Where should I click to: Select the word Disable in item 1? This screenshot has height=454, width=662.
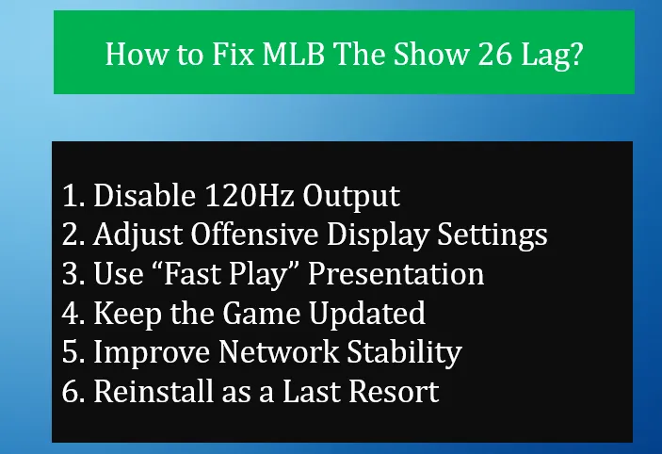point(146,196)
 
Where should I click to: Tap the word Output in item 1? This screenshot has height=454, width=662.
point(353,196)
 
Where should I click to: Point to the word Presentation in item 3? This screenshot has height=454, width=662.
point(396,273)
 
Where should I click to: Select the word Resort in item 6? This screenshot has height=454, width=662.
point(394,390)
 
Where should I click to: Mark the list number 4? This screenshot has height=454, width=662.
point(70,312)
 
